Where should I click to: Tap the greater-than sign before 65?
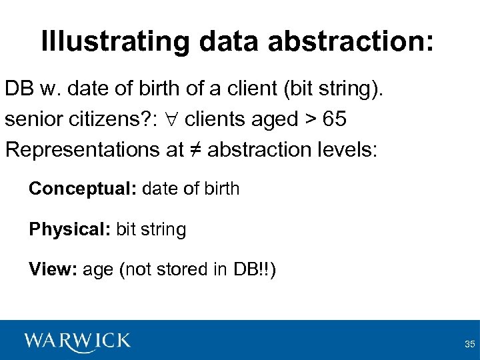(310, 120)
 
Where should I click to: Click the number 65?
(334, 119)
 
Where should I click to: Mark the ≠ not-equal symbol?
(195, 149)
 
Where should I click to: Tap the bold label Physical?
(70, 230)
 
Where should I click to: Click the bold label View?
(53, 270)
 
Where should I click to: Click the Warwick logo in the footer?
(77, 341)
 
